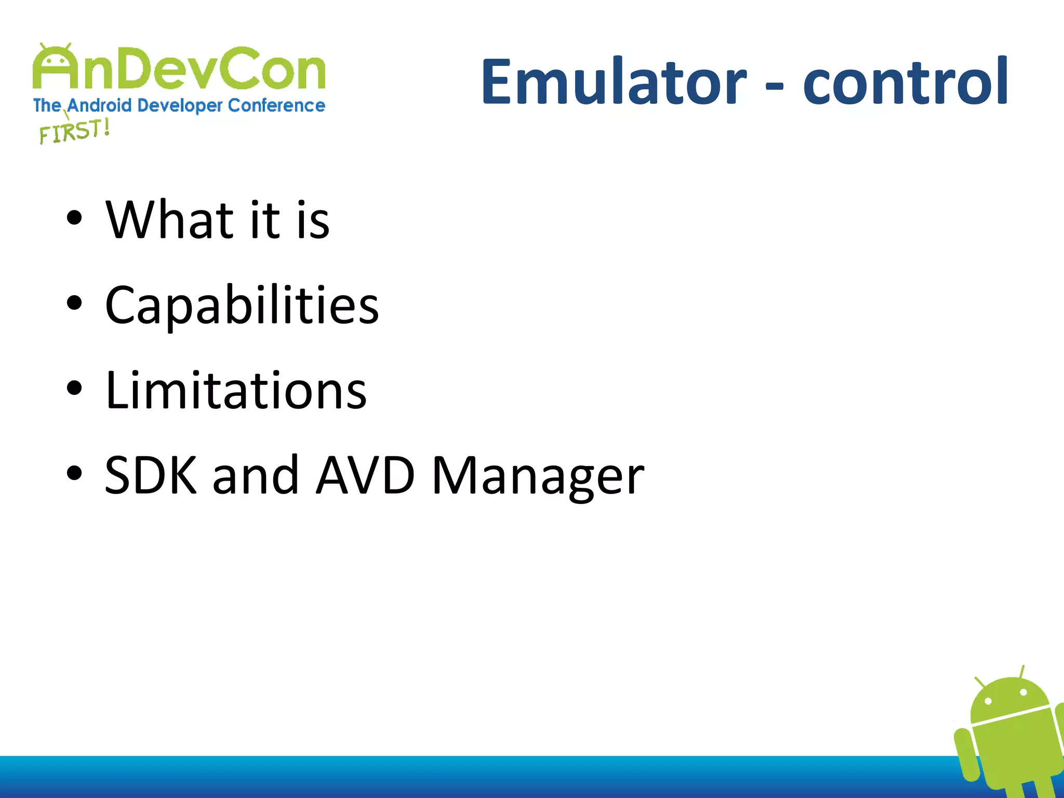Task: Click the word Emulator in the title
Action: (613, 82)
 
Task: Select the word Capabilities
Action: (242, 307)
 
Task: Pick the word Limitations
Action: (236, 391)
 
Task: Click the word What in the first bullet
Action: (170, 220)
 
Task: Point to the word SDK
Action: (151, 475)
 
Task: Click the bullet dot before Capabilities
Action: (74, 303)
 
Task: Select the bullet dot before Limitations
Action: (74, 388)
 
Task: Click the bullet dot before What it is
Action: (74, 218)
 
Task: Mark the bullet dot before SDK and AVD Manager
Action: (74, 473)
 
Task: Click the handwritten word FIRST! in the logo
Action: (74, 131)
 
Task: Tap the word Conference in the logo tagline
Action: (276, 105)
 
